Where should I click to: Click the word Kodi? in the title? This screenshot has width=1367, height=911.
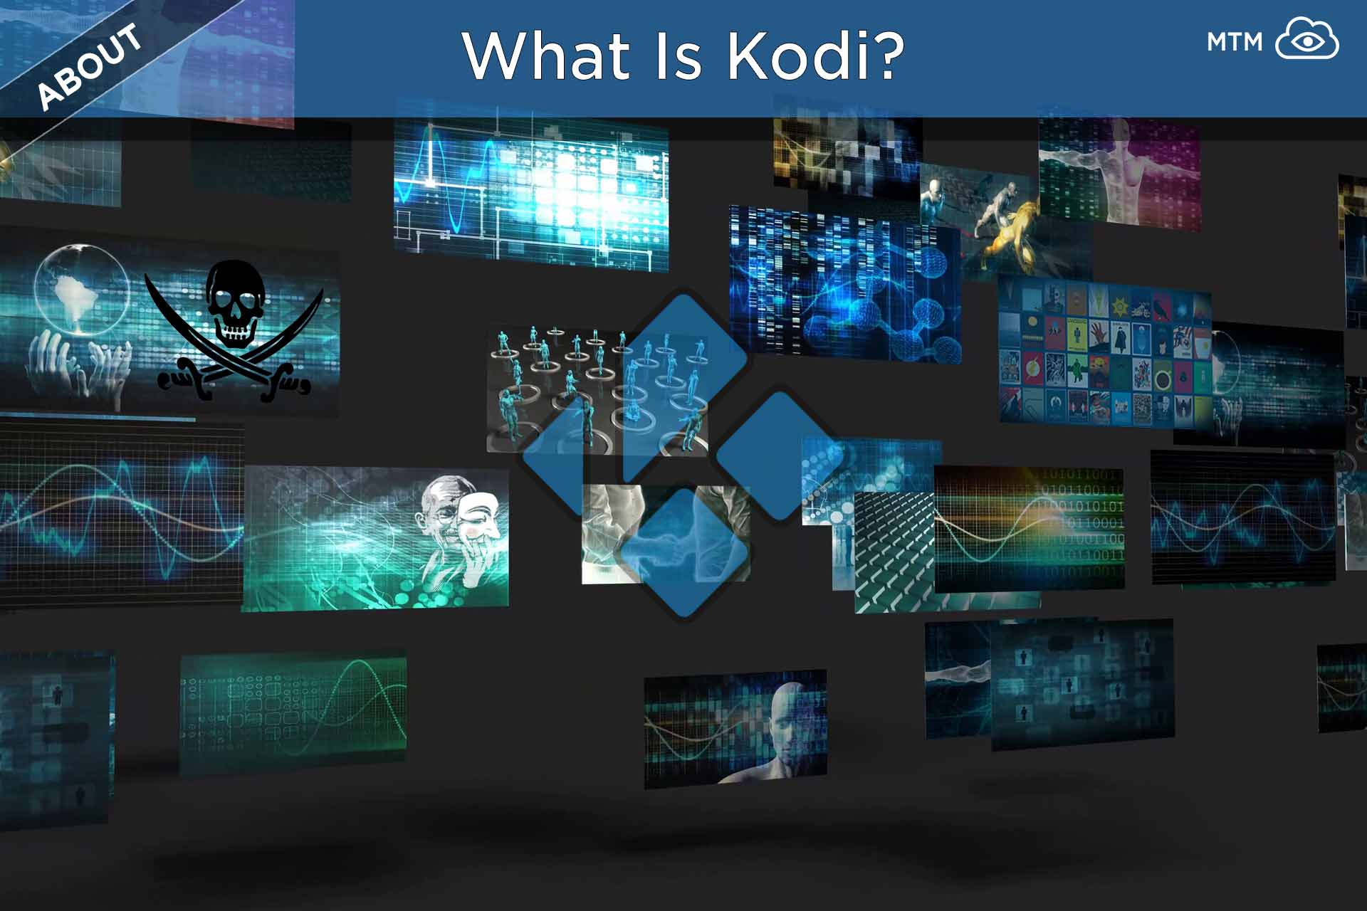[x=816, y=55]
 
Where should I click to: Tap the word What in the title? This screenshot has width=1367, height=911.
[x=547, y=55]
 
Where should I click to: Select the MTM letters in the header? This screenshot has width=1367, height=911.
[x=1234, y=43]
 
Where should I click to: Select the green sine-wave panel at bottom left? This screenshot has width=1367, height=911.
[x=293, y=712]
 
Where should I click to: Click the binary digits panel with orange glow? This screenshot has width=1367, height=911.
[x=1030, y=530]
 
